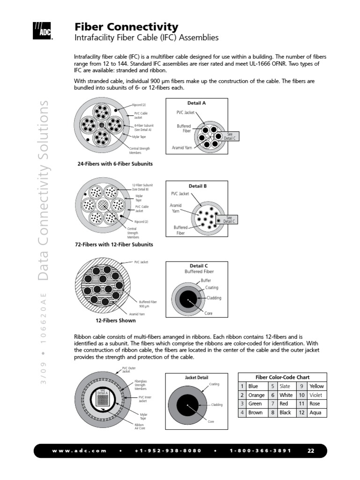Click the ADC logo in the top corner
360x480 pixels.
(x=42, y=30)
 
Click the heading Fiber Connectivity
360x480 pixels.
(x=127, y=27)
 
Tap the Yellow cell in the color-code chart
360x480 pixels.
(x=316, y=386)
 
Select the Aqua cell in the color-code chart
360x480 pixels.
(x=315, y=413)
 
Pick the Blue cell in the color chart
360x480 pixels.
(x=253, y=386)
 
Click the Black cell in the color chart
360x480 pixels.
(x=285, y=413)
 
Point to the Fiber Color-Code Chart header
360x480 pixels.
(x=282, y=377)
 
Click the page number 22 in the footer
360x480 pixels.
(x=311, y=451)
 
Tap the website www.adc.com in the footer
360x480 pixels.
(x=79, y=451)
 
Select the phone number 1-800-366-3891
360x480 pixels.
(x=260, y=451)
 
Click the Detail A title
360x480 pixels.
(x=196, y=103)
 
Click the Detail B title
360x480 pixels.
(x=197, y=186)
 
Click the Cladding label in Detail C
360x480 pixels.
(x=214, y=298)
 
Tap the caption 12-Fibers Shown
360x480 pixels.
(x=115, y=321)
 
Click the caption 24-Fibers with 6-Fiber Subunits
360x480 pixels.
(x=115, y=164)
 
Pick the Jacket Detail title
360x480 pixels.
(x=197, y=377)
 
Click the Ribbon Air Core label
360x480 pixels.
(x=139, y=426)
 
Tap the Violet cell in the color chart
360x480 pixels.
(x=316, y=395)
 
